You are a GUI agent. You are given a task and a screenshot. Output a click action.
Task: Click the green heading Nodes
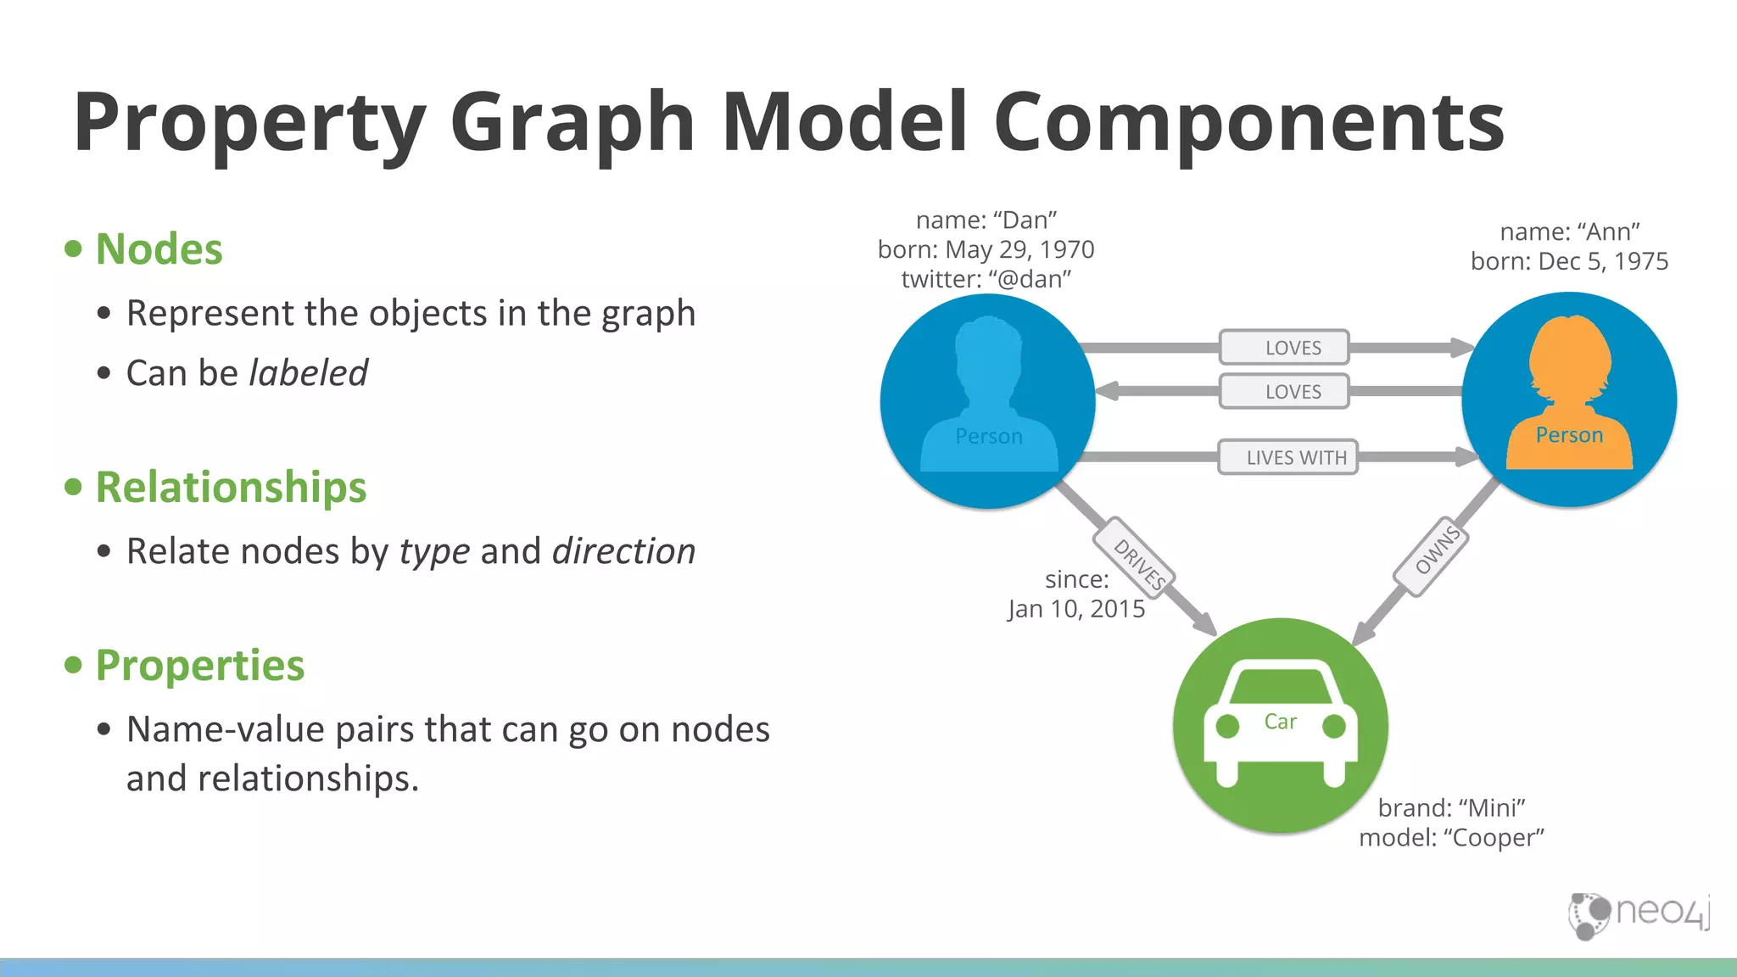(x=159, y=249)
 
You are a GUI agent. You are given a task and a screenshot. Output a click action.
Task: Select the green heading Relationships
(x=231, y=488)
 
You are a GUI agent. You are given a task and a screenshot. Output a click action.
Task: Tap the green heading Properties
(x=199, y=666)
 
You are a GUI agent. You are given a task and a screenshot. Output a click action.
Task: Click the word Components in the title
(x=1248, y=122)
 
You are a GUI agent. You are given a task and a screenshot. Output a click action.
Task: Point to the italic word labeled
(x=308, y=373)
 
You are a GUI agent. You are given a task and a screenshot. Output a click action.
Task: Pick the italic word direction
(x=623, y=551)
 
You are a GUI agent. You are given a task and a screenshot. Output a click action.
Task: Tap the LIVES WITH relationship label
(x=1295, y=457)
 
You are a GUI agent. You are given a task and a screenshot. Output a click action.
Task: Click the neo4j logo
(x=1639, y=914)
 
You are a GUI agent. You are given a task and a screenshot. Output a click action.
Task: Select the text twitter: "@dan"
(x=986, y=279)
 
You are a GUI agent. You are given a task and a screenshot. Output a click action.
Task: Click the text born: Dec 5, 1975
(x=1569, y=261)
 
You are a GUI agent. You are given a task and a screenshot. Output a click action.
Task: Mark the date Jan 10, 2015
(x=1076, y=609)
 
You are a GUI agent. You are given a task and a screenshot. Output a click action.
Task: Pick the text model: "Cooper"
(x=1451, y=838)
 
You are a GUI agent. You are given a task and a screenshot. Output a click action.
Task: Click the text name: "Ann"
(x=1569, y=232)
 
